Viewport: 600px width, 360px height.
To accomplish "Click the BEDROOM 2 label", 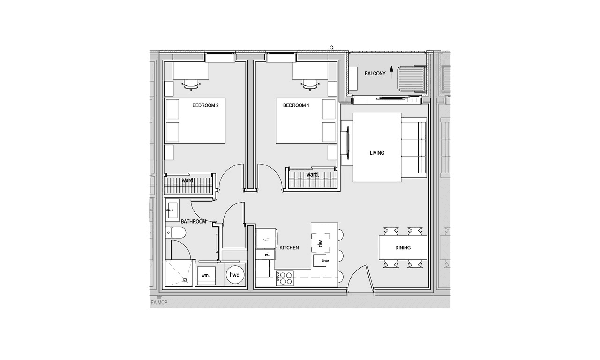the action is (x=205, y=105).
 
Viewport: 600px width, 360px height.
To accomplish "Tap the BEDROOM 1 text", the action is (x=296, y=105).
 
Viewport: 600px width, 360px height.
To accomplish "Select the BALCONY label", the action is (x=375, y=74).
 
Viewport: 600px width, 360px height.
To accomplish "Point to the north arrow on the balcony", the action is (x=391, y=72).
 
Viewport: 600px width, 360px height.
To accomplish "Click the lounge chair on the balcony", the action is (x=412, y=79).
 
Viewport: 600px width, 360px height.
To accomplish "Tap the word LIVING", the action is (x=377, y=153).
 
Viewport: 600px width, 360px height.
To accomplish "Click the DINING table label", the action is (x=403, y=248).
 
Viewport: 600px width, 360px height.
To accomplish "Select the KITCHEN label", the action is (x=289, y=248).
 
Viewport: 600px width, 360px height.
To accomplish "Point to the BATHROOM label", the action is (x=194, y=222).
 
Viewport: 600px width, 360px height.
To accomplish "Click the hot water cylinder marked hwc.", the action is (x=235, y=275).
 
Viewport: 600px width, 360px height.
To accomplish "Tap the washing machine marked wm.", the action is (x=205, y=275).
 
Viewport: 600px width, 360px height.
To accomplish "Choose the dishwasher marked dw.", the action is (x=320, y=243).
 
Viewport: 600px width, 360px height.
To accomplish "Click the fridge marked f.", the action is (x=266, y=239).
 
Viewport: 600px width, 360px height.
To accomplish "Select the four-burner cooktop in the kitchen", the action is (x=285, y=278).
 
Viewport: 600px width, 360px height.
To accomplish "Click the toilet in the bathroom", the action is (x=175, y=233).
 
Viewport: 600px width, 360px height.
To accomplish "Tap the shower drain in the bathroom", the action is (x=185, y=280).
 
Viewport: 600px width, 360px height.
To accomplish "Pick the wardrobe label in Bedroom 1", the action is (x=312, y=175).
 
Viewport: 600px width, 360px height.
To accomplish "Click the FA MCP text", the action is (x=159, y=303).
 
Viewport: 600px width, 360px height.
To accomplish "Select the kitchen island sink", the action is (x=321, y=261).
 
